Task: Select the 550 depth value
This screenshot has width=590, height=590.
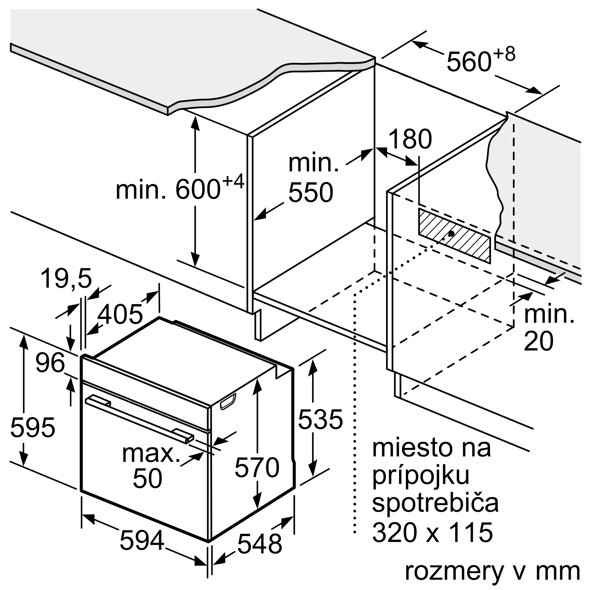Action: (x=311, y=192)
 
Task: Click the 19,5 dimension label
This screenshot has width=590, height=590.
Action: (x=66, y=278)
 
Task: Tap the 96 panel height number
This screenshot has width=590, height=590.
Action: (x=50, y=363)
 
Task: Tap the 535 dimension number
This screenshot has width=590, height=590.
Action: (x=320, y=419)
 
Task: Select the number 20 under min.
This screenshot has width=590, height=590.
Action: (x=539, y=341)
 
